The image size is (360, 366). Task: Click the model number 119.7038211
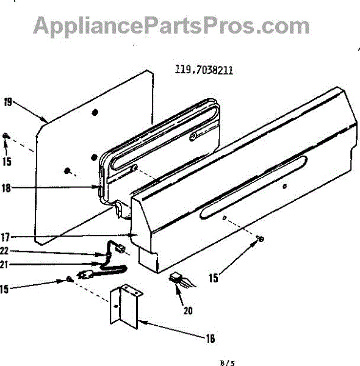[204, 70]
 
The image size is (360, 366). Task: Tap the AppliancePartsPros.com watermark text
[171, 26]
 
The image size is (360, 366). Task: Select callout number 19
[8, 102]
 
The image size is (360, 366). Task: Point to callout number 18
[6, 188]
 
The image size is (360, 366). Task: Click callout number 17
[5, 237]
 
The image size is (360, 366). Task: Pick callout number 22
[4, 251]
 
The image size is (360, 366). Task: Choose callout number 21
[4, 265]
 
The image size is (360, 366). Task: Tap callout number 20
[188, 310]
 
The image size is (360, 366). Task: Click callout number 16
[210, 338]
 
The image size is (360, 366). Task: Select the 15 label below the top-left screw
[7, 162]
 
